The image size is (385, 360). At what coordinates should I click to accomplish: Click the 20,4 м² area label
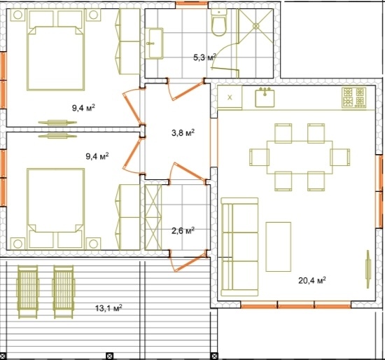tap(312, 280)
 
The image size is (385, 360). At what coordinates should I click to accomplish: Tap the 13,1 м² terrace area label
tap(108, 308)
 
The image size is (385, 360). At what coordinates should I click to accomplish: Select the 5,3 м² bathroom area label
tap(205, 57)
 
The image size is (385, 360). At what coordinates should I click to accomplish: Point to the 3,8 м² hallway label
tap(183, 133)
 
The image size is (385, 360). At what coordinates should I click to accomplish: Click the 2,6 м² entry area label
tap(183, 230)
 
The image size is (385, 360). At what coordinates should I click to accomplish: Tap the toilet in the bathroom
tap(219, 23)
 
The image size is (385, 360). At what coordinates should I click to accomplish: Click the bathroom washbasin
tap(155, 43)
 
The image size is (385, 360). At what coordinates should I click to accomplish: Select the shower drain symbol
tap(256, 26)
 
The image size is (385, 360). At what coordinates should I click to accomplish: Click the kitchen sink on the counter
tap(265, 97)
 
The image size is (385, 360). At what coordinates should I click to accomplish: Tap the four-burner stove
tap(353, 98)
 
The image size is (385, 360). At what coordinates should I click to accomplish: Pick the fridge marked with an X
tap(230, 97)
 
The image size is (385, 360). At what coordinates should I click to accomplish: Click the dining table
tap(300, 158)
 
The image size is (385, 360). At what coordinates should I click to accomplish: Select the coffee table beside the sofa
tap(279, 247)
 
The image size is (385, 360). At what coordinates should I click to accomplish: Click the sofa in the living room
tap(239, 247)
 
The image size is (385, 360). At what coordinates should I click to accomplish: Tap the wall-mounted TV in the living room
tap(368, 269)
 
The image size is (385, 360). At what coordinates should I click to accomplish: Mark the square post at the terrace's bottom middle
tap(109, 356)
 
